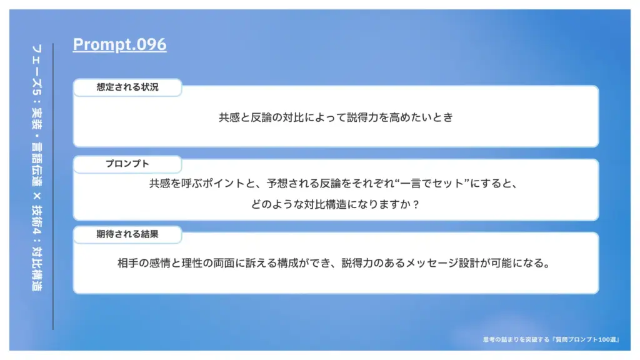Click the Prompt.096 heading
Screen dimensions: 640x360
pyautogui.click(x=119, y=44)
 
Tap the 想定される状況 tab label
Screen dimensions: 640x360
pyautogui.click(x=127, y=87)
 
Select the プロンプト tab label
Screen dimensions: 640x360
pyautogui.click(x=127, y=164)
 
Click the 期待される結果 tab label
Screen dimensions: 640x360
pyautogui.click(x=127, y=234)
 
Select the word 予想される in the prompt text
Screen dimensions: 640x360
pyautogui.click(x=292, y=184)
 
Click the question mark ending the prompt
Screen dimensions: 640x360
pyautogui.click(x=416, y=204)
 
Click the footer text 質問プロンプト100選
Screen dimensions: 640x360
pyautogui.click(x=586, y=339)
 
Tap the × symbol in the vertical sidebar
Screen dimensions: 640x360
pyautogui.click(x=37, y=196)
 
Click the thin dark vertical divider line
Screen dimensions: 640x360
pyautogui.click(x=53, y=186)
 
